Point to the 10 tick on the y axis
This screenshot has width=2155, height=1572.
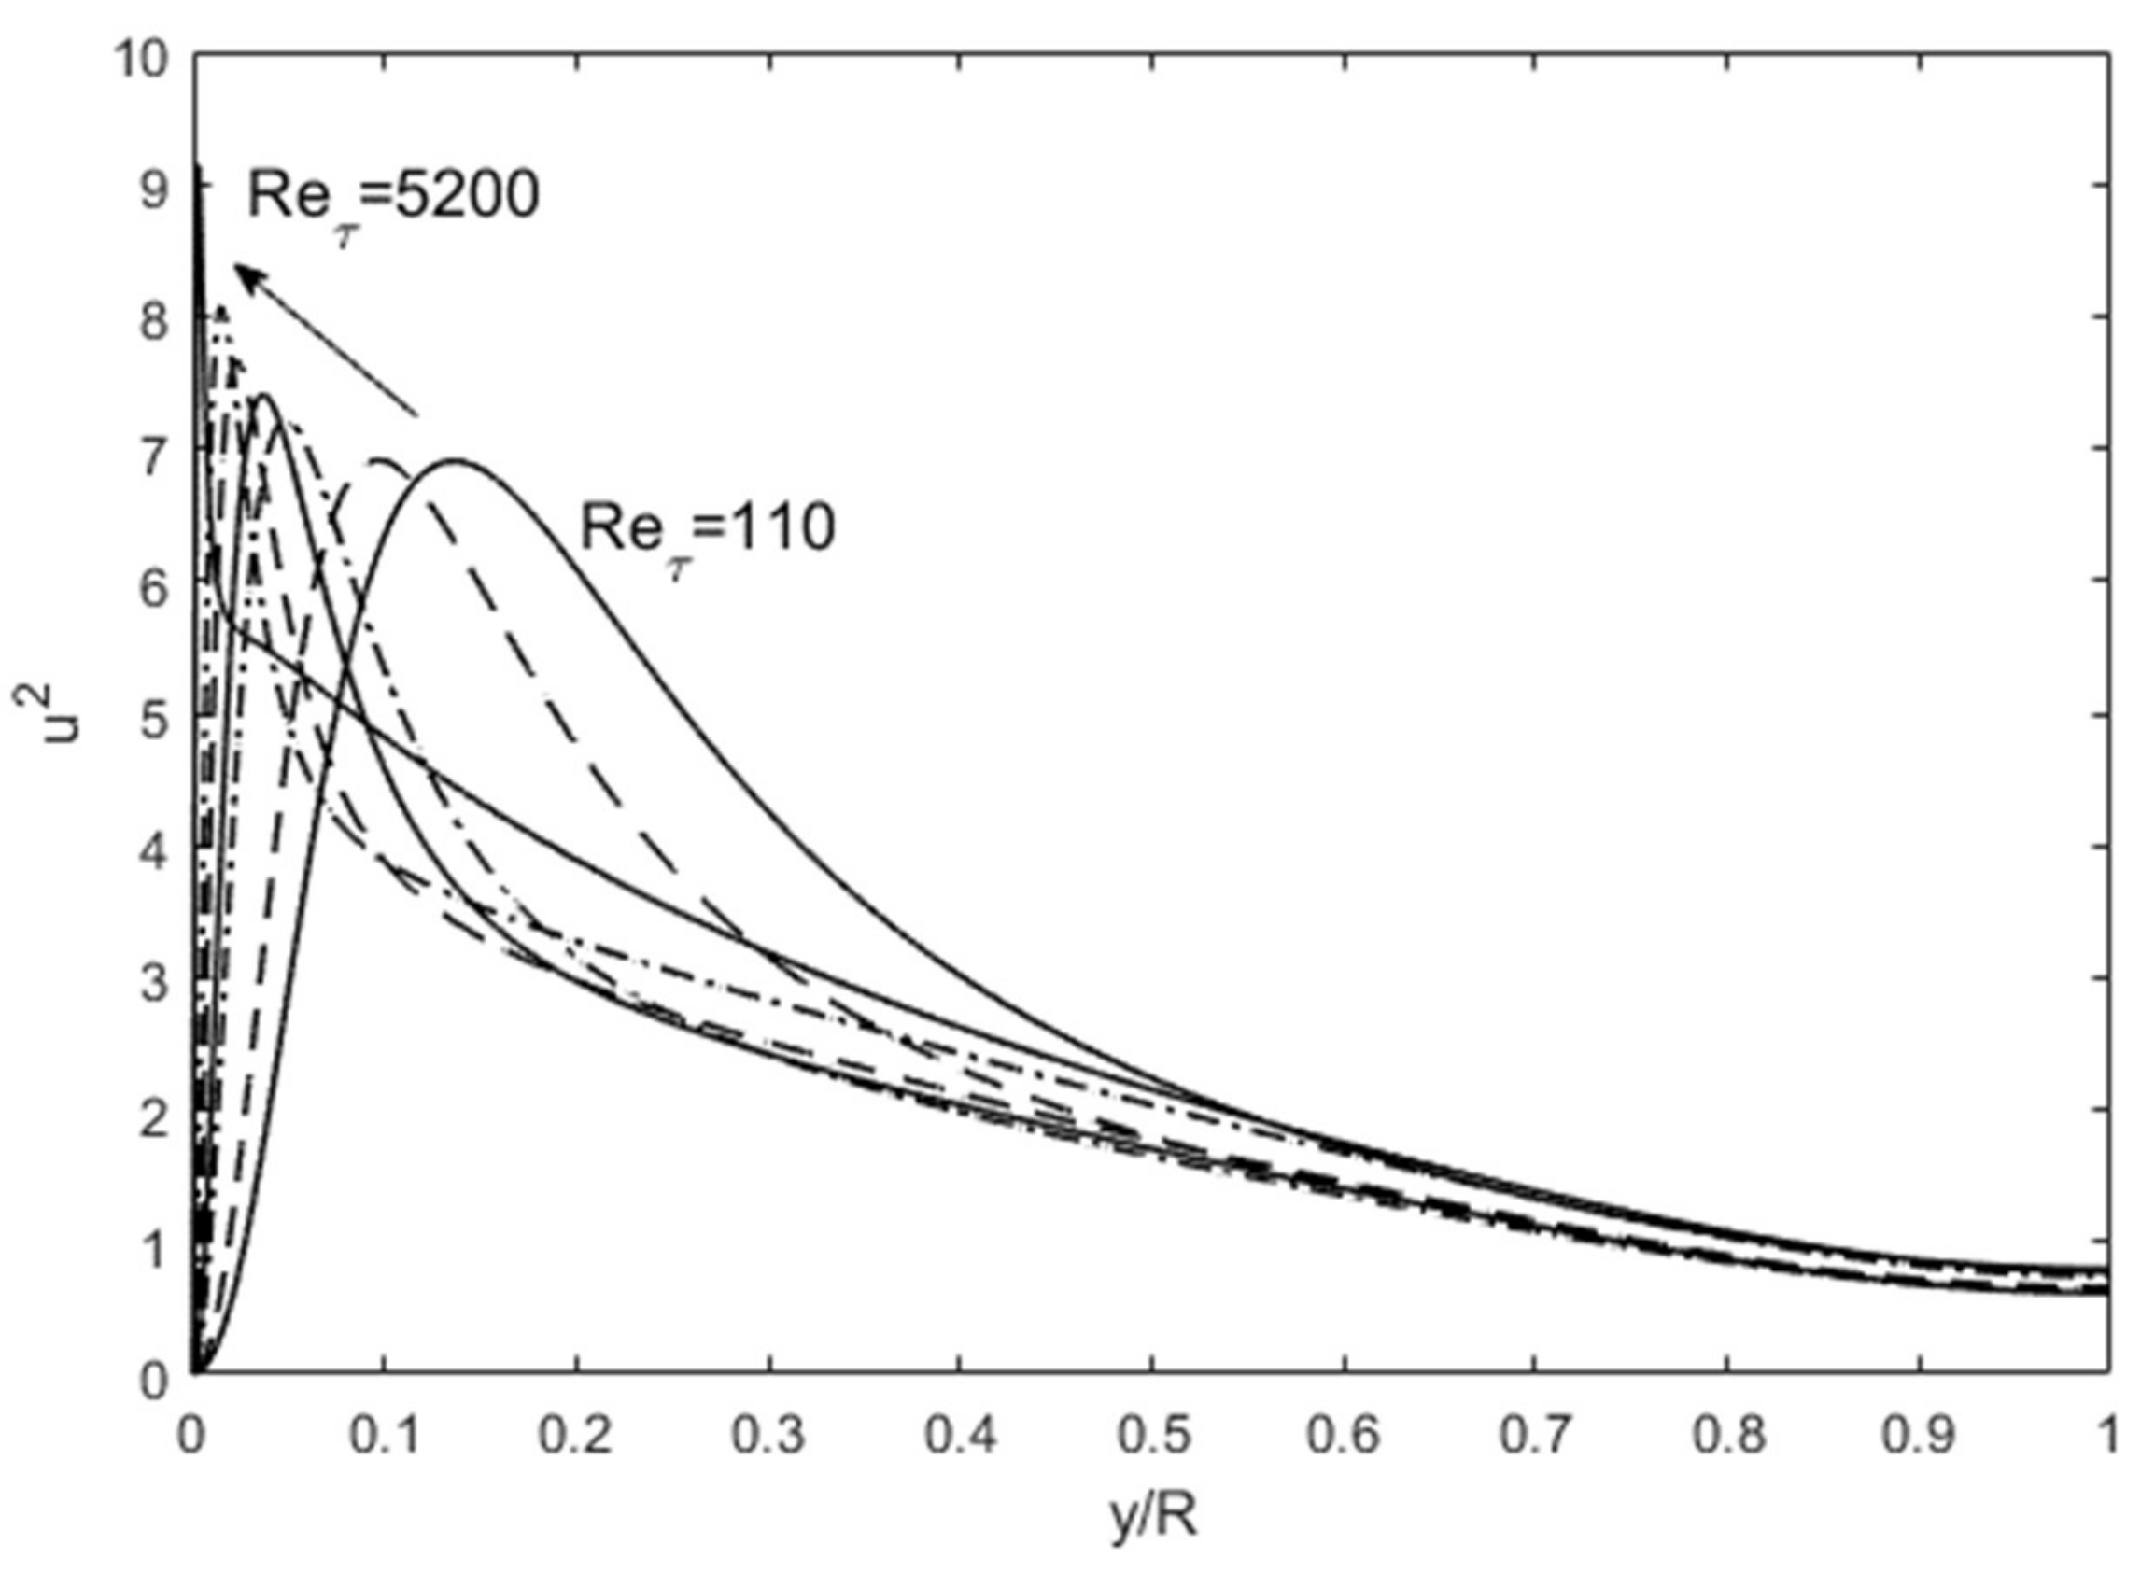point(140,59)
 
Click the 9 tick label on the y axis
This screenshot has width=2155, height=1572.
point(152,191)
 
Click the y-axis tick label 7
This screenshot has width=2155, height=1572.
point(152,455)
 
